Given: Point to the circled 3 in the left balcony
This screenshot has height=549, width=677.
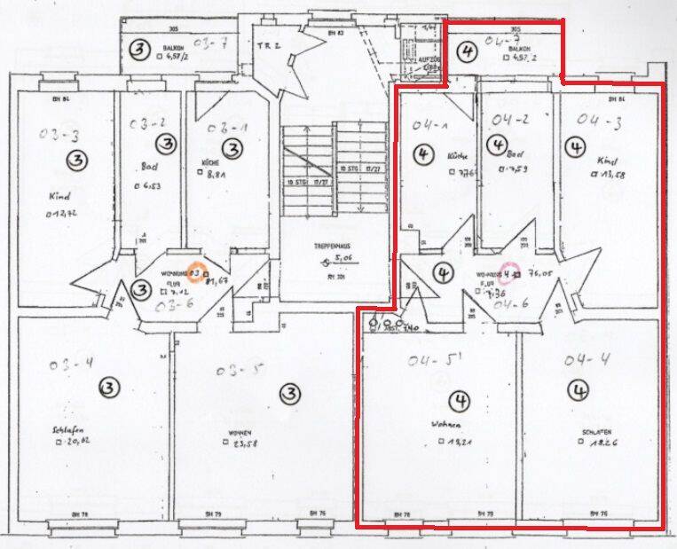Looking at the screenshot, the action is point(138,50).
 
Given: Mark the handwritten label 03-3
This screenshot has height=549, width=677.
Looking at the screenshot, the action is point(59,134).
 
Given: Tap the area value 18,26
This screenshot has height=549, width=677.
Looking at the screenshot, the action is point(591,443).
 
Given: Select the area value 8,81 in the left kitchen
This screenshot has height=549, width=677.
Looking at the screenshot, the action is point(217,176).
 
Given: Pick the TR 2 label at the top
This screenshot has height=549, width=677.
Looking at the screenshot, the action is point(268,44).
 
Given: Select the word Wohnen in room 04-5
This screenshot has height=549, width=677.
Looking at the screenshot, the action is point(445,423).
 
